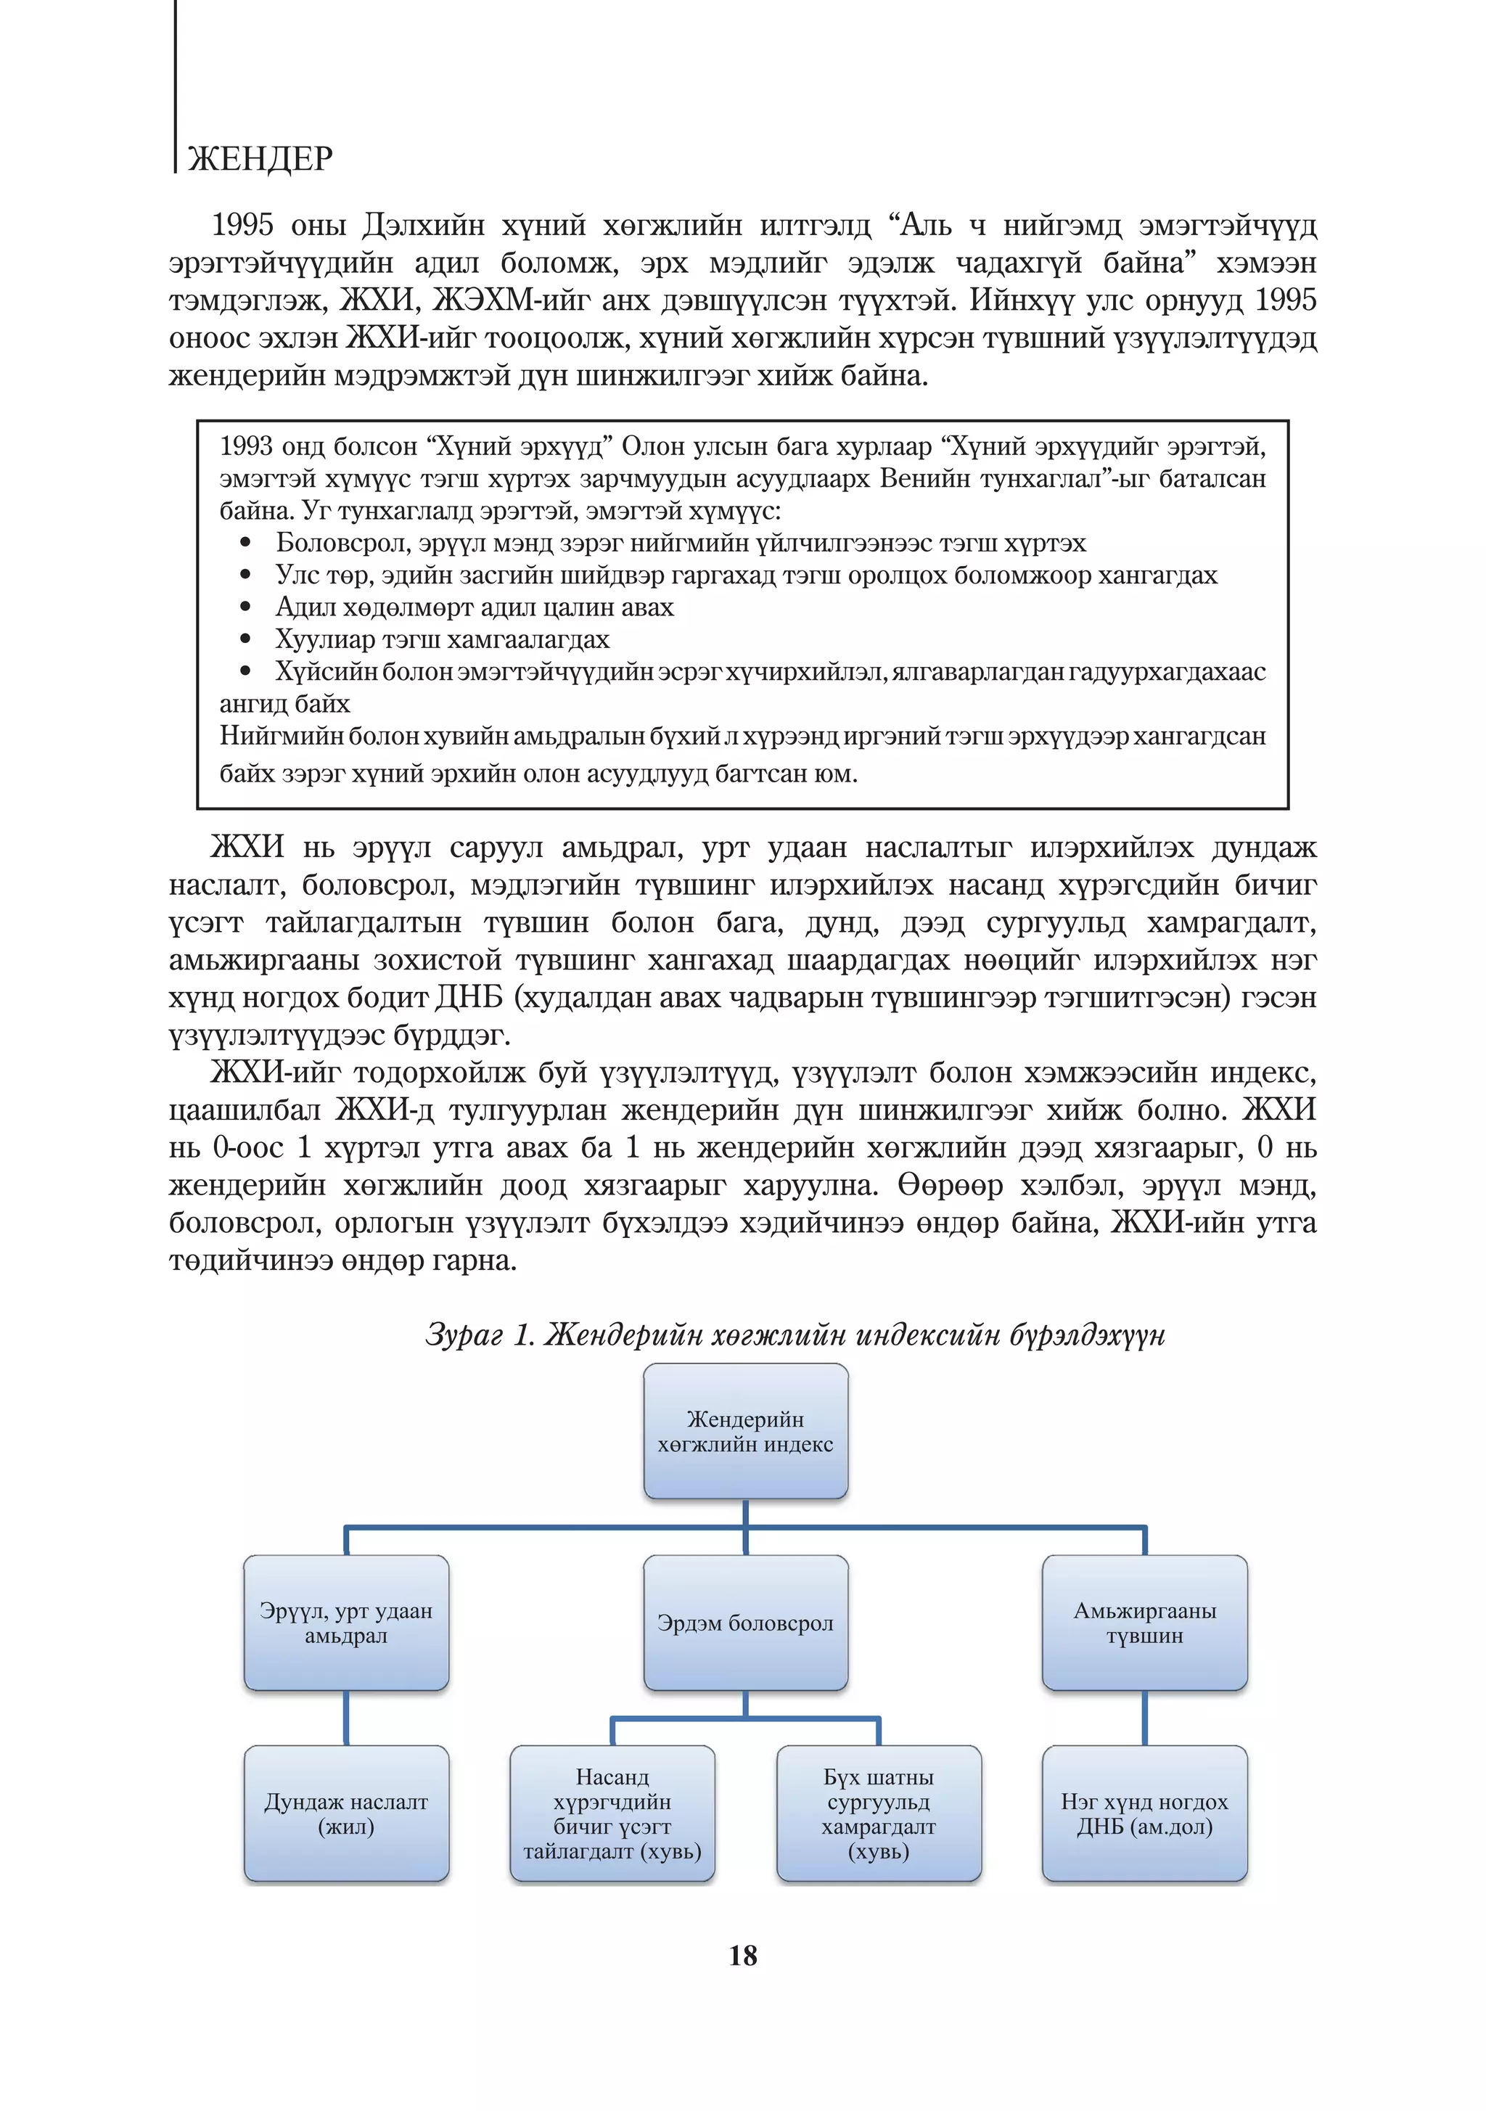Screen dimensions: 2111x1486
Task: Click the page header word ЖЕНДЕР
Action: coord(260,160)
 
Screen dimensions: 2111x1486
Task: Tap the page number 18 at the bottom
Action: coord(743,1956)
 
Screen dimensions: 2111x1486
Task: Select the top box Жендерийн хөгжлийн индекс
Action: coord(745,1432)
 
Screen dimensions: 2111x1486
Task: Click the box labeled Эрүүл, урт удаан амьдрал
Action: coord(346,1623)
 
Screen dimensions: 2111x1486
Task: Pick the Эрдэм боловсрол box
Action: coord(745,1623)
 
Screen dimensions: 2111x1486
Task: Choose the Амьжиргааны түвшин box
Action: coord(1144,1623)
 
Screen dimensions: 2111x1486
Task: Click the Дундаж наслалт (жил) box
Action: coord(346,1814)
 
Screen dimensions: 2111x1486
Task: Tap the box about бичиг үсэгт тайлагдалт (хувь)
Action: coord(612,1814)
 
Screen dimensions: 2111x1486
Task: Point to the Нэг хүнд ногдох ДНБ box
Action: coord(1144,1814)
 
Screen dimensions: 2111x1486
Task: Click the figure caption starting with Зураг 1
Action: coord(795,1335)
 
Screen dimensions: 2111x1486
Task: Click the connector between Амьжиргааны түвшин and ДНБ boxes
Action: coord(1144,1718)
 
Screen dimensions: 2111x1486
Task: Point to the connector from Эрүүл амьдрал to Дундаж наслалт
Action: coord(346,1718)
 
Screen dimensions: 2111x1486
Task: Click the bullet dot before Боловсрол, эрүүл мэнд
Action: coord(245,544)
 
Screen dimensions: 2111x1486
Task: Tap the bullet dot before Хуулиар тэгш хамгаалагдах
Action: coord(245,639)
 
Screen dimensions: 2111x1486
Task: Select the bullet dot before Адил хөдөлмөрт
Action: coord(245,607)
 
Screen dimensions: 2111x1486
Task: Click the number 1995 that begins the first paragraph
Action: coord(243,225)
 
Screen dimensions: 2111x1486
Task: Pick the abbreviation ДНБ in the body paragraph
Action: coord(468,999)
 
